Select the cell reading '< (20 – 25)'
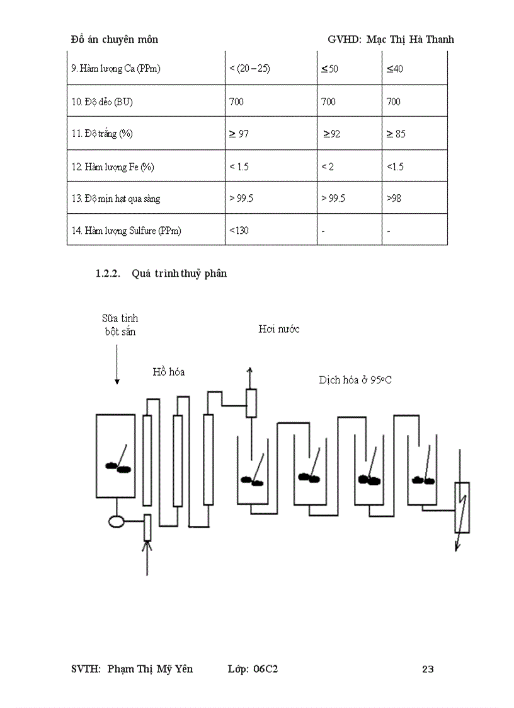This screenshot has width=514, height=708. pyautogui.click(x=250, y=69)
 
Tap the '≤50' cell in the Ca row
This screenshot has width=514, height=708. pyautogui.click(x=329, y=69)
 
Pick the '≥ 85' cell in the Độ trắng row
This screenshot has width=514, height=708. pyautogui.click(x=396, y=134)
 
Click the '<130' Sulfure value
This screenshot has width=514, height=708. pyautogui.click(x=239, y=231)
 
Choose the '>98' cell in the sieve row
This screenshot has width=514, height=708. pyautogui.click(x=394, y=199)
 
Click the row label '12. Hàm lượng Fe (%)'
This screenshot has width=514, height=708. pyautogui.click(x=113, y=167)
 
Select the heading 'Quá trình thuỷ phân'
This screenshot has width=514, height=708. pyautogui.click(x=180, y=274)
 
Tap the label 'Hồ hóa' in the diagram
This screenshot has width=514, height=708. pyautogui.click(x=169, y=371)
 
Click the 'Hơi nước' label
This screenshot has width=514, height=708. pyautogui.click(x=279, y=329)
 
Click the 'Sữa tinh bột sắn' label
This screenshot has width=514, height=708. pyautogui.click(x=120, y=325)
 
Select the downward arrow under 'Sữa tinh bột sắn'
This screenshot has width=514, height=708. pyautogui.click(x=117, y=366)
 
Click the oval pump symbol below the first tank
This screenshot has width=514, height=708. pyautogui.click(x=117, y=521)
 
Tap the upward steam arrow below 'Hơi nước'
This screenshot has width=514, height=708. pyautogui.click(x=251, y=377)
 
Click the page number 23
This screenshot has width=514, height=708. pyautogui.click(x=428, y=669)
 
